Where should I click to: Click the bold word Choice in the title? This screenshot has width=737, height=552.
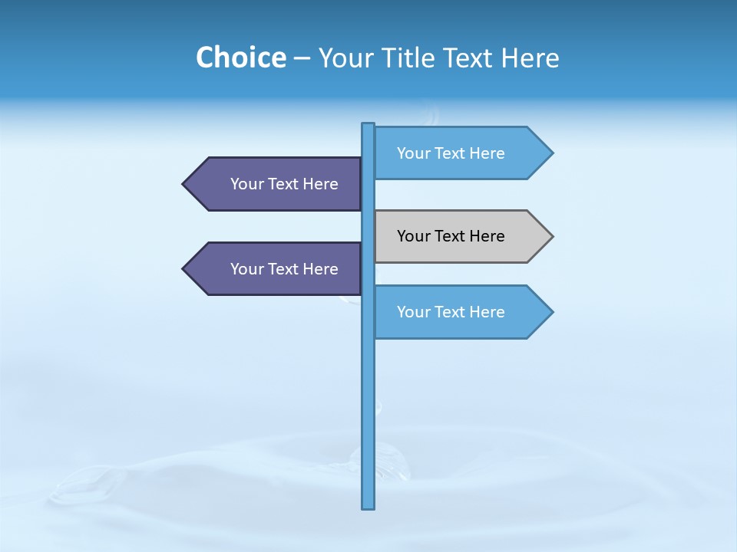coord(240,58)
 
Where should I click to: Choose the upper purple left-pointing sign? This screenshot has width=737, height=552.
coord(276,184)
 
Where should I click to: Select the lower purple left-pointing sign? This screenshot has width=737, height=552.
coord(276,269)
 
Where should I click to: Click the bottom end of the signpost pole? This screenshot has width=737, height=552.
coord(368,505)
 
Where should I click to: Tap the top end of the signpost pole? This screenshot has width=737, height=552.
coord(368,126)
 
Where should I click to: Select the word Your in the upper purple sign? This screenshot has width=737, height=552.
coord(246,184)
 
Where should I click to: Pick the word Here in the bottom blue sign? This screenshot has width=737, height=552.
coord(486,312)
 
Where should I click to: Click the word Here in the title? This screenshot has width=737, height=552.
coord(530,58)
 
